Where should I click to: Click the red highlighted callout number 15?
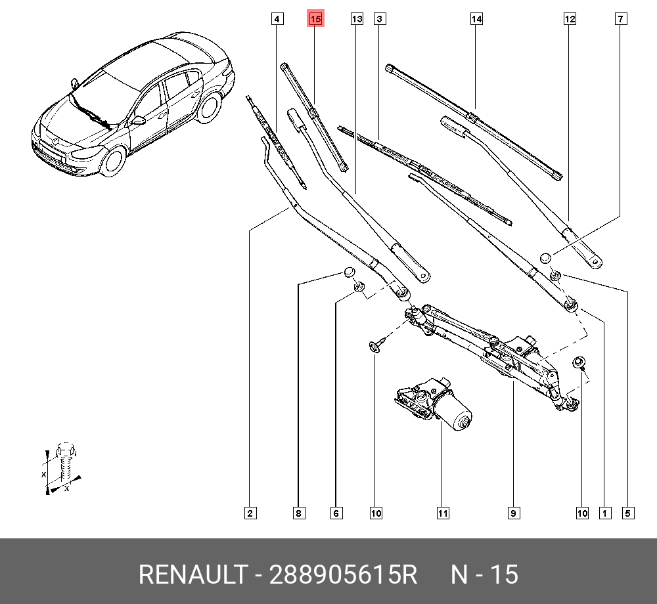coord(315,19)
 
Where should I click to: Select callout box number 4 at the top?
coord(278,19)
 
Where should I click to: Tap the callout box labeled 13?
coord(357,19)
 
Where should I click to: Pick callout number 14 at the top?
coord(476,19)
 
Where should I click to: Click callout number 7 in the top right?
coord(620,19)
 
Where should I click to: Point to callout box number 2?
coord(250,513)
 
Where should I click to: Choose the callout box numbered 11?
coord(443,513)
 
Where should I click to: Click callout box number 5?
coord(629,513)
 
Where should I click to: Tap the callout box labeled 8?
coord(298,513)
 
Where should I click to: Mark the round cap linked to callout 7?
coord(545,257)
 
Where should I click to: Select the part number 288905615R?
coord(342,574)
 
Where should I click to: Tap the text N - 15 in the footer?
coord(484,574)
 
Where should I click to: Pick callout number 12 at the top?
coord(570,19)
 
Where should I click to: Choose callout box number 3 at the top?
coord(379,19)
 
